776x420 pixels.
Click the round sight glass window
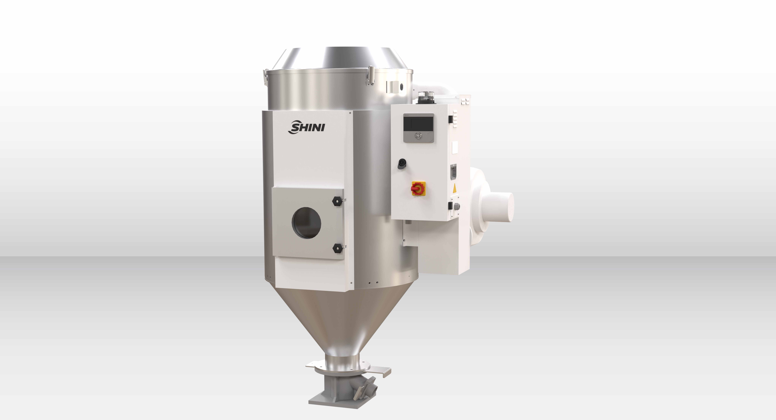306,223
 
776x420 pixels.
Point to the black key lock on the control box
402,163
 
